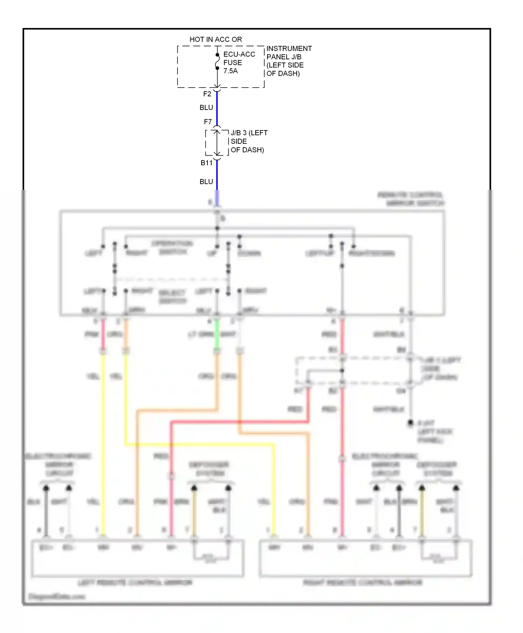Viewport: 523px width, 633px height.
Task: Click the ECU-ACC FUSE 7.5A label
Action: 239,62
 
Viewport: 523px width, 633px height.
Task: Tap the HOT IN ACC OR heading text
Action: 215,39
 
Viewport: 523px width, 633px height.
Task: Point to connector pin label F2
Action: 207,94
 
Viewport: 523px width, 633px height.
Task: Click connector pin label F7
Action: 208,122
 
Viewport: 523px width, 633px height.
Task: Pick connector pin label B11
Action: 206,163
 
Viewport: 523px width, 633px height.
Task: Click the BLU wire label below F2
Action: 206,107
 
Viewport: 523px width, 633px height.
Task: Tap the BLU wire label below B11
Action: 206,181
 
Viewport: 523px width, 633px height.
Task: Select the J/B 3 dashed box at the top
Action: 217,143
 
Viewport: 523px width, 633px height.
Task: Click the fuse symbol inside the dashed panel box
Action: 217,61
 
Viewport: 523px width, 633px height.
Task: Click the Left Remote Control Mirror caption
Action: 135,582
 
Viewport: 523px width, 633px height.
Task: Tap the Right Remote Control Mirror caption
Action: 363,582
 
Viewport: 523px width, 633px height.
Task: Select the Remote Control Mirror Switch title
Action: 411,199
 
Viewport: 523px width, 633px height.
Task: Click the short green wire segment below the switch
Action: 217,334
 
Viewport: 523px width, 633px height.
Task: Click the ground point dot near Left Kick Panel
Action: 411,423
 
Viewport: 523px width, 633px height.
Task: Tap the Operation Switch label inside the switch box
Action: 173,247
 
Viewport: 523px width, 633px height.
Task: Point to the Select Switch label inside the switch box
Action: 173,296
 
